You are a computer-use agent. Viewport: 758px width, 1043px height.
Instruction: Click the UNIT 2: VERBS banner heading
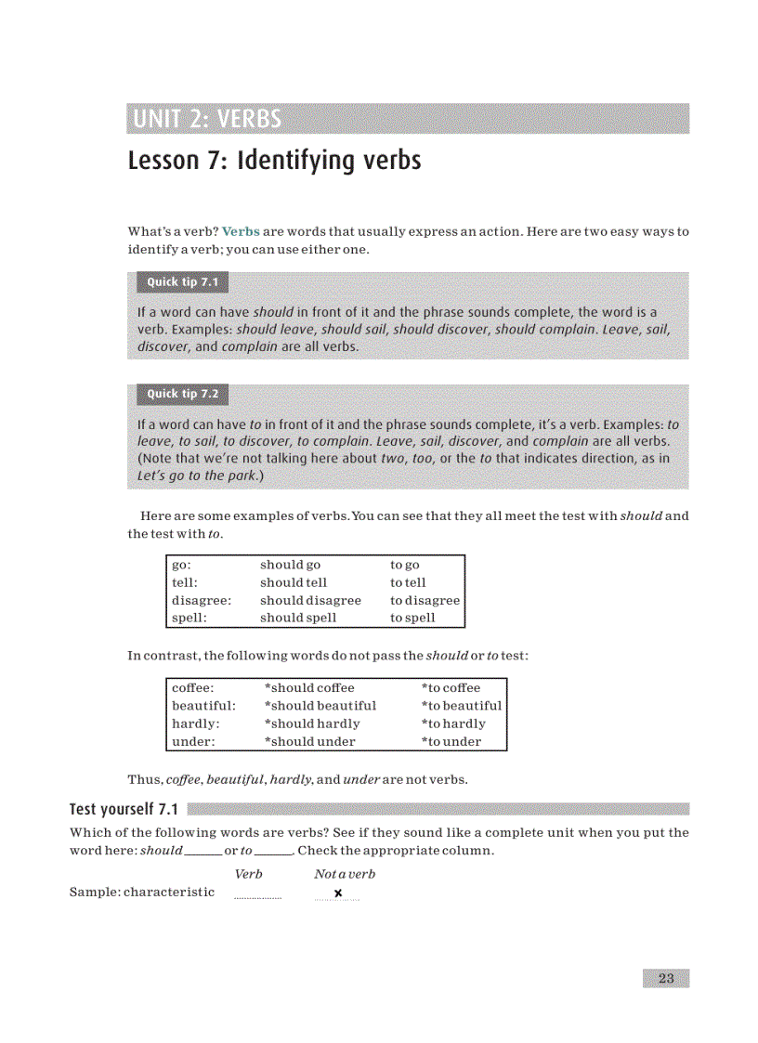(207, 119)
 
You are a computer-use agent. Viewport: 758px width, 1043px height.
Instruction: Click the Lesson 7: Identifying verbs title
(274, 161)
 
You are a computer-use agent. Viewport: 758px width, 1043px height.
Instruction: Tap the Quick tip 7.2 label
(182, 394)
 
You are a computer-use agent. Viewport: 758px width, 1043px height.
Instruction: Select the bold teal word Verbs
(241, 231)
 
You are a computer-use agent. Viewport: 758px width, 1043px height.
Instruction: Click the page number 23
(665, 978)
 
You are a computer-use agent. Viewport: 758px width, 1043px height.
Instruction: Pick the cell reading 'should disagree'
(310, 600)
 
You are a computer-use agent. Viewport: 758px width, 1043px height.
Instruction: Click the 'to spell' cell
(412, 618)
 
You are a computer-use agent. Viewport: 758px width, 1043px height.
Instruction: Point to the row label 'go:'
(181, 565)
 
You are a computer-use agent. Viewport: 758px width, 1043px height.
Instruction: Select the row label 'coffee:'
(193, 688)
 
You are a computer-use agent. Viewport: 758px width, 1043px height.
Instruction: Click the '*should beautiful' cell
(320, 706)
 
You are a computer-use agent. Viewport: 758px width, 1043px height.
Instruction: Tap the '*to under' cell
(451, 741)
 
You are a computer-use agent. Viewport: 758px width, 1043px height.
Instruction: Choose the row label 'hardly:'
(196, 724)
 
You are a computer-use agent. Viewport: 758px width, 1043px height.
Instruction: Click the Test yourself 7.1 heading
(124, 809)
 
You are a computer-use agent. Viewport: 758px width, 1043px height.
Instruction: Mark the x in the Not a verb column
(338, 893)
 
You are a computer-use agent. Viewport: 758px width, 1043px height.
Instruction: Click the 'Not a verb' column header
(345, 874)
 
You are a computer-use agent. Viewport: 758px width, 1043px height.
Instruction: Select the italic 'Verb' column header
(249, 874)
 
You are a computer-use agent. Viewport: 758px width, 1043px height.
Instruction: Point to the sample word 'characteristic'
(169, 893)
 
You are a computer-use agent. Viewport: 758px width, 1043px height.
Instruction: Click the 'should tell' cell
(294, 582)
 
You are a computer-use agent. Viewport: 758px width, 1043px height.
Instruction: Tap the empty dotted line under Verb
(257, 896)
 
